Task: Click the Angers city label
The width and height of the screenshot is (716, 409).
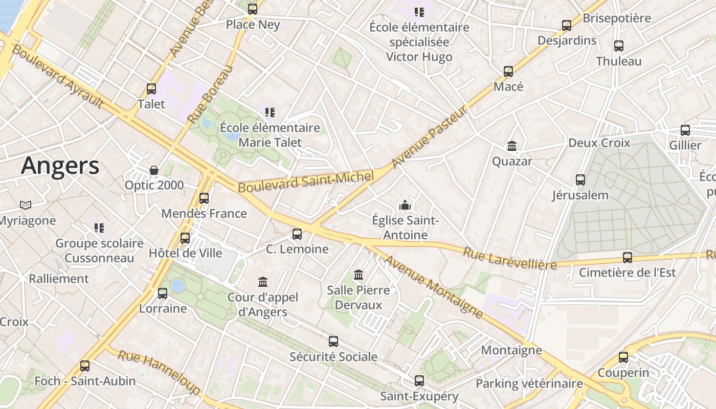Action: [60, 166]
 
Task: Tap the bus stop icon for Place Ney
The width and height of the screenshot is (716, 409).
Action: [252, 9]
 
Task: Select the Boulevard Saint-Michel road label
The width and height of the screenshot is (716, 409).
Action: [306, 182]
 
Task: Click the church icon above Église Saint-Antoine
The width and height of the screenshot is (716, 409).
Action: [405, 206]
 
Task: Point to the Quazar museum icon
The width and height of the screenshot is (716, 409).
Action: [511, 146]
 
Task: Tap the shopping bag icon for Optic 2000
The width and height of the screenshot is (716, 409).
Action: [153, 170]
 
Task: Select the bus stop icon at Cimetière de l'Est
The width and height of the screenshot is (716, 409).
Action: [627, 257]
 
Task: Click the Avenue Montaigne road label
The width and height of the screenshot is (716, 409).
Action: [433, 286]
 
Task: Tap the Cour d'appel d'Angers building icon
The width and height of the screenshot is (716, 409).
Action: [263, 282]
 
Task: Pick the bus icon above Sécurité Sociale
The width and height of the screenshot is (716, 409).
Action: [333, 341]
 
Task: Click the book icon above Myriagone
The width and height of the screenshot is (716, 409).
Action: [26, 205]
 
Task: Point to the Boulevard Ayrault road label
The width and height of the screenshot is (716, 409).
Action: [57, 76]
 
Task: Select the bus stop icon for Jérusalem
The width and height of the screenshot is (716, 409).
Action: [580, 179]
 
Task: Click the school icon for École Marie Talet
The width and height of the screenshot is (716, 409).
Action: [270, 112]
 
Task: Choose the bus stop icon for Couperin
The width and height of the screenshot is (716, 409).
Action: [623, 357]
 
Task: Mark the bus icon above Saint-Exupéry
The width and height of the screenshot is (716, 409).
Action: [419, 380]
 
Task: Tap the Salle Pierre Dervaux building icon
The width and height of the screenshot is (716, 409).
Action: [358, 275]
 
